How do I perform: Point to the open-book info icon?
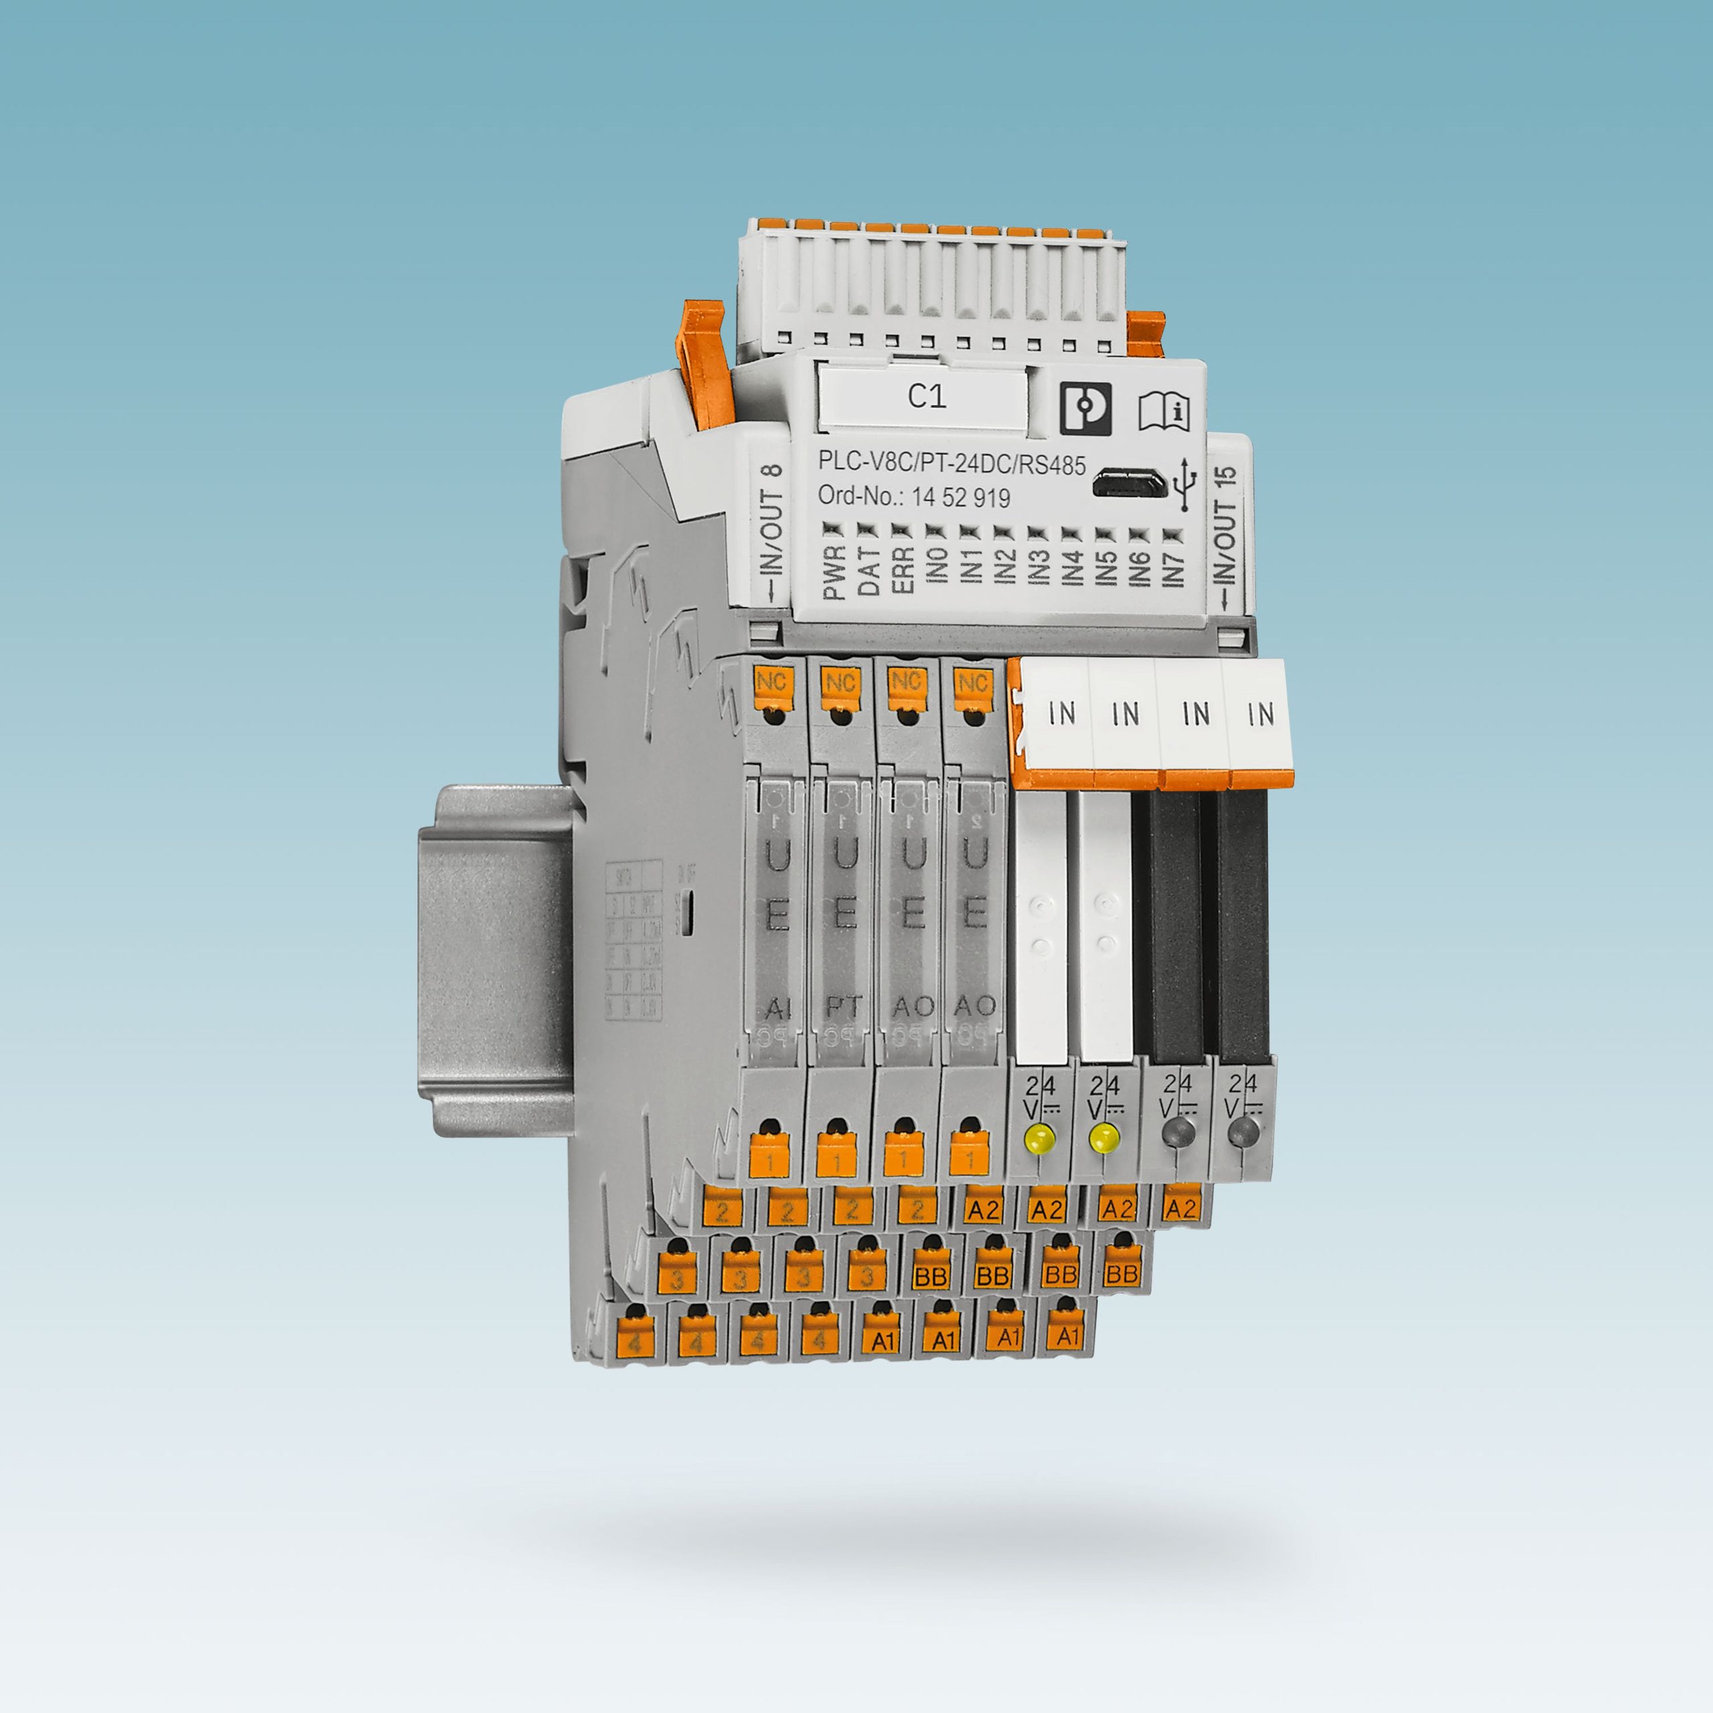coord(1164,410)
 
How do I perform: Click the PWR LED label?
coord(834,573)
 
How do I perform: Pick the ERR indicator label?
coord(903,573)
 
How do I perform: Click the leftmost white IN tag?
coord(1061,713)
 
